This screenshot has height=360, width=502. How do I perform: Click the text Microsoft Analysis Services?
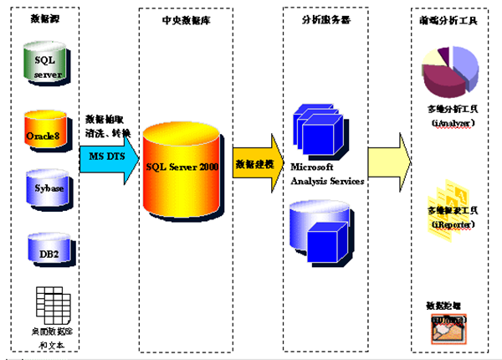click(325, 174)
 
